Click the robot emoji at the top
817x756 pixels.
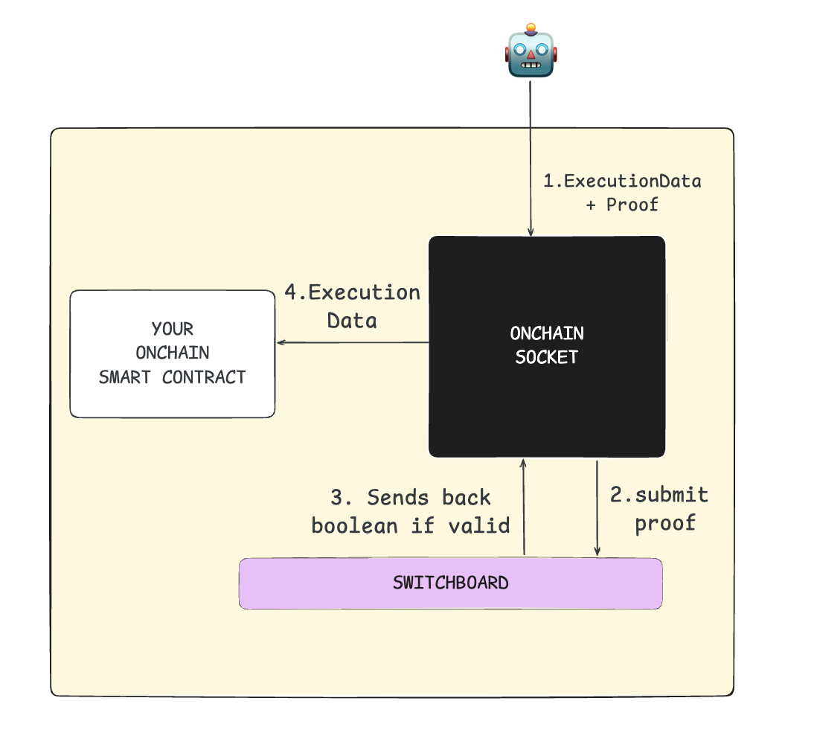click(x=531, y=51)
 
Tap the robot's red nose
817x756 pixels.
click(x=531, y=54)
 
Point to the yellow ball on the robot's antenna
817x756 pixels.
click(x=531, y=28)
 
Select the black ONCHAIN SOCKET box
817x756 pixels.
click(x=547, y=347)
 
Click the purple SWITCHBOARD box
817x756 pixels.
click(x=451, y=583)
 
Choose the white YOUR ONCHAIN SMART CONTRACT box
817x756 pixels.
click(x=173, y=353)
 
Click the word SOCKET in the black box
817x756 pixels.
click(x=547, y=357)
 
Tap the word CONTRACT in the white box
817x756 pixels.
click(x=204, y=377)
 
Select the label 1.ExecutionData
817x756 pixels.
click(x=622, y=182)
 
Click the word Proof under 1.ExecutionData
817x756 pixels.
click(x=632, y=205)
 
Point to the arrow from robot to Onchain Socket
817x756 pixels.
click(x=531, y=158)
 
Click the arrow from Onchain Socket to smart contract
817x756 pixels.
click(x=353, y=342)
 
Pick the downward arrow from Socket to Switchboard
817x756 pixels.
click(x=597, y=508)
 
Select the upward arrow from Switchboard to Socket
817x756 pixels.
click(x=524, y=507)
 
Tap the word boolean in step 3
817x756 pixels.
click(x=354, y=526)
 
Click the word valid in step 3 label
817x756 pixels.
click(x=479, y=526)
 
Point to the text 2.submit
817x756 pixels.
click(x=659, y=495)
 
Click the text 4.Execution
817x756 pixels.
click(x=352, y=293)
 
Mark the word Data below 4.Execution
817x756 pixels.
click(x=352, y=321)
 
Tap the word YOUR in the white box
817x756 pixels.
click(x=173, y=330)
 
